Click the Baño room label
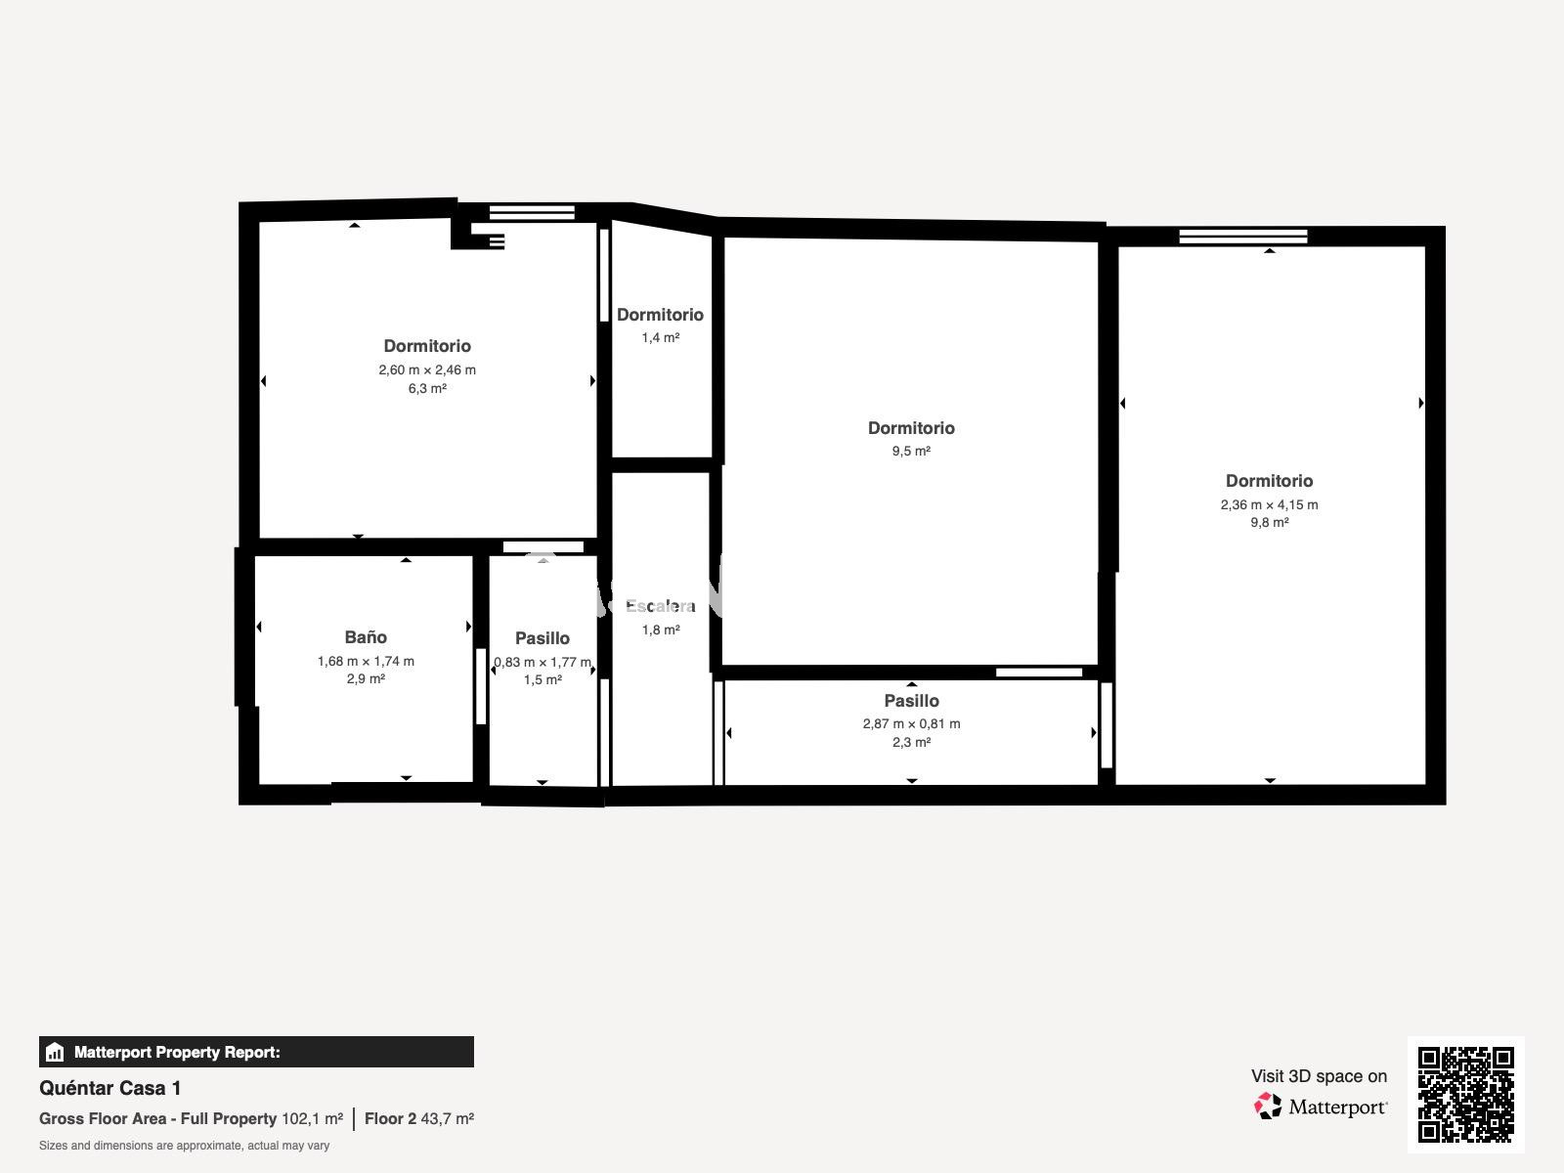coord(366,636)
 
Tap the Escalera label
coord(661,606)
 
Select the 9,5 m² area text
coord(911,451)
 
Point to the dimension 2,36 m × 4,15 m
coord(1269,504)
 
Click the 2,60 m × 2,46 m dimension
coord(427,369)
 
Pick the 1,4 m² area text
coord(661,337)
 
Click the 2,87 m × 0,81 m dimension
coord(911,723)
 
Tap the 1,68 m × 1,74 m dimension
coord(366,661)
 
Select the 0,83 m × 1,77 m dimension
coord(543,662)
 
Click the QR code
coord(1465,1095)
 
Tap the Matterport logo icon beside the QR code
coord(1268,1107)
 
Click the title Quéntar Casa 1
coord(109,1088)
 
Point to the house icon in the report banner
coord(55,1052)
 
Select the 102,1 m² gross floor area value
coord(312,1118)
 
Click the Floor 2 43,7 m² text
coord(419,1118)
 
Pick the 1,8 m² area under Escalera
coord(661,630)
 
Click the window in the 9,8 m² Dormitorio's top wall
coord(1242,237)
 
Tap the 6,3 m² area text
coord(427,388)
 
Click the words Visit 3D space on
coord(1319,1076)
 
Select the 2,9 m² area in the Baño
coord(366,678)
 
